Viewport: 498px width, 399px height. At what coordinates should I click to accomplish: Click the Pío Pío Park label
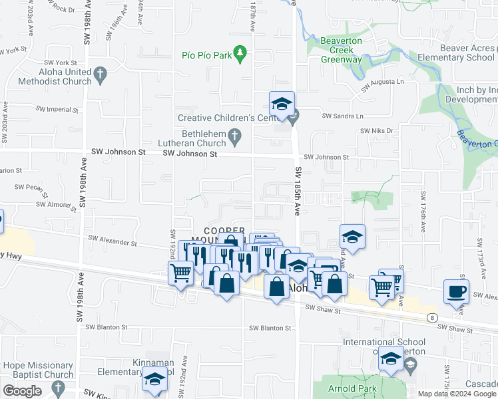206,55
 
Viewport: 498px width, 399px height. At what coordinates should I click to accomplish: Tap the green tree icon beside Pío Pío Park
241,55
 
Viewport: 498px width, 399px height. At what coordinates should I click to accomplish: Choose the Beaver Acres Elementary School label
457,53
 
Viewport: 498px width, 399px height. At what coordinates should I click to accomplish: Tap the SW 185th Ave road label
297,192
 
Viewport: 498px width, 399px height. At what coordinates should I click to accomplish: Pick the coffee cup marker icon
457,291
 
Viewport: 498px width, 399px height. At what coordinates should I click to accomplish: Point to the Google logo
22,391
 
